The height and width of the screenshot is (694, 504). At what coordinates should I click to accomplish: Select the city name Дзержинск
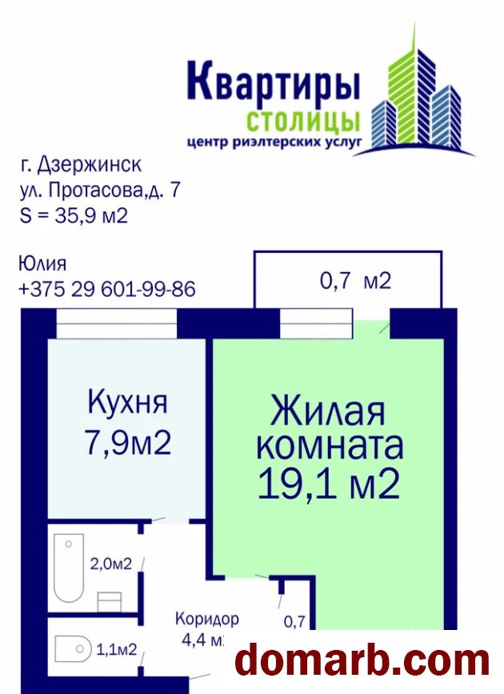click(90, 165)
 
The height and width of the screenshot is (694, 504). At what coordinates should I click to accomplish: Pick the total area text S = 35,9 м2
click(74, 215)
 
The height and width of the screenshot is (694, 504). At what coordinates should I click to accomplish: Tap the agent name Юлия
click(42, 264)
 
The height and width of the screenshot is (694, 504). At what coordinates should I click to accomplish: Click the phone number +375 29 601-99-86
click(107, 290)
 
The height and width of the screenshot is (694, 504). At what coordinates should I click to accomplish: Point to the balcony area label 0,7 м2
click(355, 281)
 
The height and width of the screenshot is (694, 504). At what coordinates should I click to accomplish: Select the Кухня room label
click(127, 403)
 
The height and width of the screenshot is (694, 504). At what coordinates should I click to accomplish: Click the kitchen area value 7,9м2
click(128, 443)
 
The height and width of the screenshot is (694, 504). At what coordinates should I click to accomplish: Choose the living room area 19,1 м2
click(329, 484)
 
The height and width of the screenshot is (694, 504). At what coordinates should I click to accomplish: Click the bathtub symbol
click(69, 568)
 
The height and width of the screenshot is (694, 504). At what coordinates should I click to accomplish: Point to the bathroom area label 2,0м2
click(111, 564)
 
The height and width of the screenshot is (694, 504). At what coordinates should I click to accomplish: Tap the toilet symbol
click(73, 649)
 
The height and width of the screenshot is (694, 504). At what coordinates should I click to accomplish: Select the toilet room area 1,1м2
click(116, 649)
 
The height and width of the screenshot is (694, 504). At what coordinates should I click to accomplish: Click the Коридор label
click(207, 619)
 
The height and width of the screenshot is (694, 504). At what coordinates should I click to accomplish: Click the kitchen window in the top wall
click(117, 324)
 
